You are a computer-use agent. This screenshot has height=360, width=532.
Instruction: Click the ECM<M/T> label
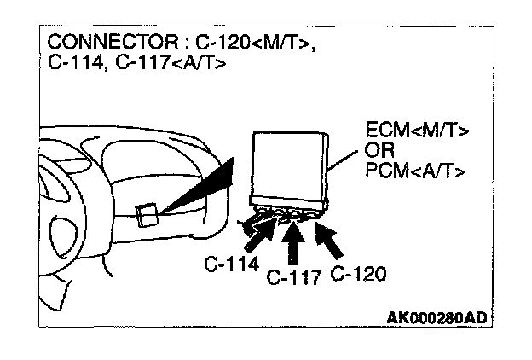418,131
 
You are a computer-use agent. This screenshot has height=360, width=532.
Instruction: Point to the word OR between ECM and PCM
380,151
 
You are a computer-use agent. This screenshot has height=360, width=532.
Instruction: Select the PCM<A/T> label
415,171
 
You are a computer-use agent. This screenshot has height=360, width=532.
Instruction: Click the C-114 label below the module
231,264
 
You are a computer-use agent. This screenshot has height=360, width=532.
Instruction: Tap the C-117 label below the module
294,278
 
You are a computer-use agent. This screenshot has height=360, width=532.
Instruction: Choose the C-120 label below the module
358,273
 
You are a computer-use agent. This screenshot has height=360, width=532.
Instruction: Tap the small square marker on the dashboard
147,214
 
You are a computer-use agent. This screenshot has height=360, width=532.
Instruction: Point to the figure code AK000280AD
437,318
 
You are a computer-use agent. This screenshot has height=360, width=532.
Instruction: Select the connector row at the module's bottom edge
288,210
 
